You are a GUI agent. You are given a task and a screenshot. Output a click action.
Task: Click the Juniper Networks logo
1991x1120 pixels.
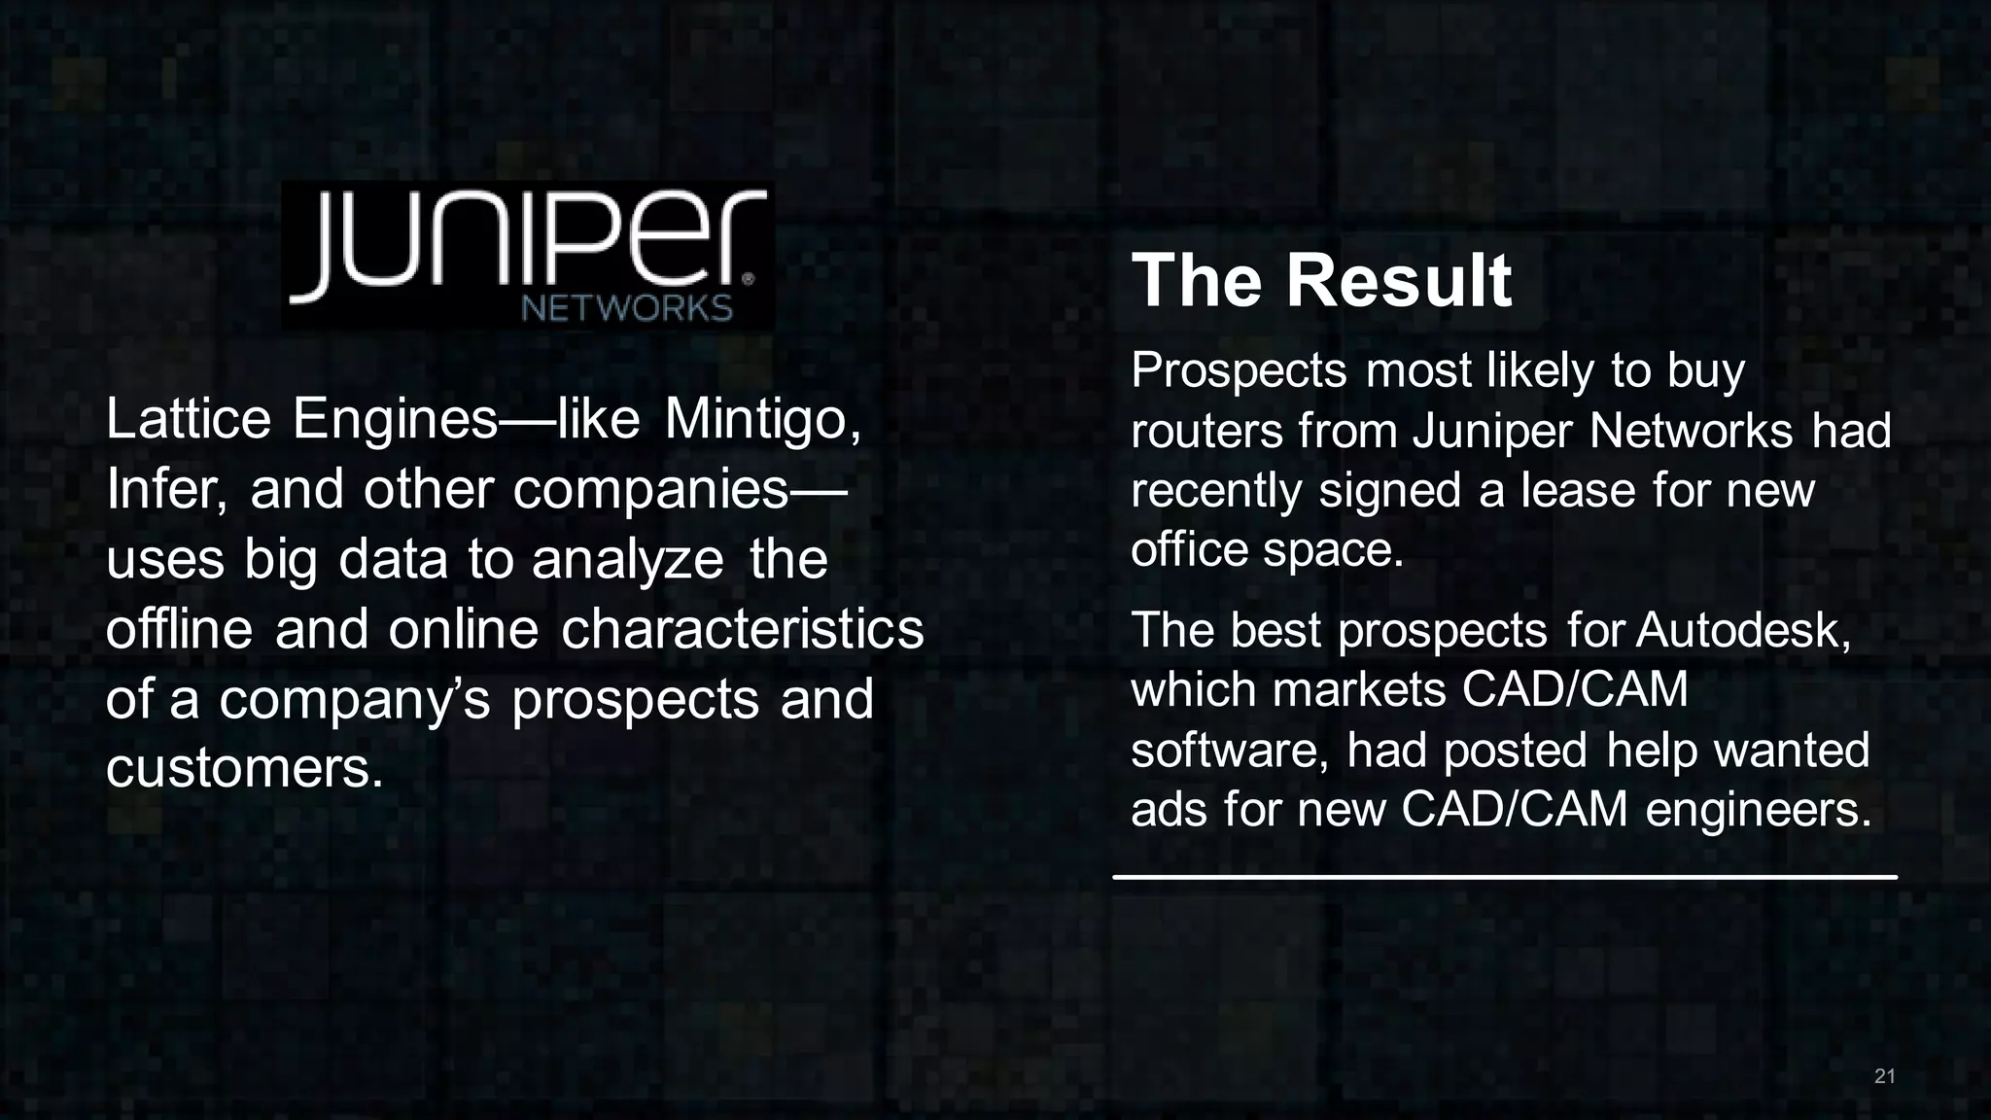click(x=528, y=255)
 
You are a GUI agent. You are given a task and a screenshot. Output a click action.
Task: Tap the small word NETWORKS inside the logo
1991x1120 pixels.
click(x=627, y=309)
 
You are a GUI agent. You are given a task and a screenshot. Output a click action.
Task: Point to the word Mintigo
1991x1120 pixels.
click(x=762, y=419)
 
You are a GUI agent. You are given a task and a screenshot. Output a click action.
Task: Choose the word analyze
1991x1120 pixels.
click(x=627, y=559)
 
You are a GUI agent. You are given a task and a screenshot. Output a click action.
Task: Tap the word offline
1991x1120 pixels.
click(x=179, y=629)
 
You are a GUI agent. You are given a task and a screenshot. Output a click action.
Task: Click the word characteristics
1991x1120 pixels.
click(x=742, y=629)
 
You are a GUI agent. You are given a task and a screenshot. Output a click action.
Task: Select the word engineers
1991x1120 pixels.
click(x=1758, y=810)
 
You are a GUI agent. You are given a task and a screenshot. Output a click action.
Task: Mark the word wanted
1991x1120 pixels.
click(x=1791, y=751)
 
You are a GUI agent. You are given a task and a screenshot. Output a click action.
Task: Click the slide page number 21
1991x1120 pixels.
click(x=1884, y=1076)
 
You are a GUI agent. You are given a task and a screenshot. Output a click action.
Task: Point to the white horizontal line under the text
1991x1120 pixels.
click(x=1504, y=877)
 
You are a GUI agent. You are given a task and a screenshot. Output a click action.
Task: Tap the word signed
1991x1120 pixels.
click(x=1389, y=490)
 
